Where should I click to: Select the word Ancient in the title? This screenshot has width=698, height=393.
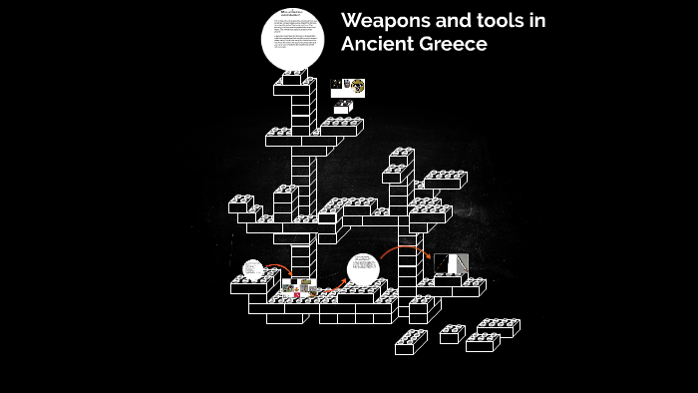379,45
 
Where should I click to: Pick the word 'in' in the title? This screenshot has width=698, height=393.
537,21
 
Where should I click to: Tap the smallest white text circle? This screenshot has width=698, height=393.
252,269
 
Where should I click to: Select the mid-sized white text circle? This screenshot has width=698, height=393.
363,270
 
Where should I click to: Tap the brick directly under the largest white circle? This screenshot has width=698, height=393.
294,78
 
